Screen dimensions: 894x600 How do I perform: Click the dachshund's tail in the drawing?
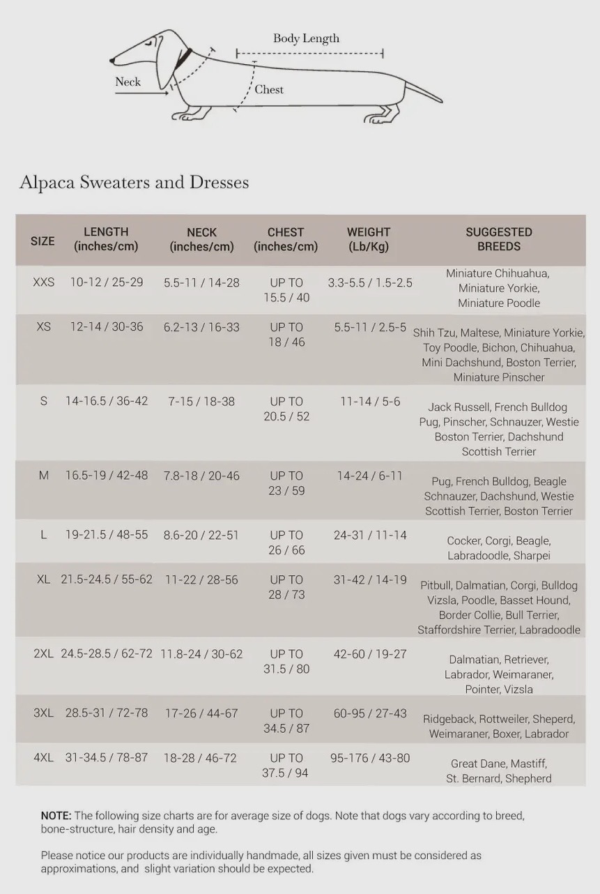pos(424,92)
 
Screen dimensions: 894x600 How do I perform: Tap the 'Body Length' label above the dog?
pos(306,38)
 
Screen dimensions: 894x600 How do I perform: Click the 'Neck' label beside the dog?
pos(128,82)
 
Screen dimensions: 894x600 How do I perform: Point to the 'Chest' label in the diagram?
pos(269,89)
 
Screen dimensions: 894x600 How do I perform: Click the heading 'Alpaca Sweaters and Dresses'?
pos(134,182)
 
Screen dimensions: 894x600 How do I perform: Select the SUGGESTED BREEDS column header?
pos(498,239)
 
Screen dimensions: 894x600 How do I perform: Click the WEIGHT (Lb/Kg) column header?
pos(369,239)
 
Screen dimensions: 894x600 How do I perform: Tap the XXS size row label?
pos(43,282)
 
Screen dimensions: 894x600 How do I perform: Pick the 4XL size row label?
pos(43,757)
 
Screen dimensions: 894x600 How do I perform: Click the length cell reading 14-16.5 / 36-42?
pos(107,401)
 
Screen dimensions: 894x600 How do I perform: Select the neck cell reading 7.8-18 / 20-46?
pos(201,476)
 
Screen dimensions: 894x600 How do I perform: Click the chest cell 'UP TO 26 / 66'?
pos(286,543)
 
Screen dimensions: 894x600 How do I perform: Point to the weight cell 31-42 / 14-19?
pos(370,579)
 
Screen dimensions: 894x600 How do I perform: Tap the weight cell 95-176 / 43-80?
pos(370,757)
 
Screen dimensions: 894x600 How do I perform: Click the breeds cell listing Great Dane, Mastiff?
pos(498,771)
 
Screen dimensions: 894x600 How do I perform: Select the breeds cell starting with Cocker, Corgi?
pos(498,548)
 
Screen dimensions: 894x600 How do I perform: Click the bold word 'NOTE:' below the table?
pos(56,815)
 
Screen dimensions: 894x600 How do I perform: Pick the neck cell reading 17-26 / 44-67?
pos(201,713)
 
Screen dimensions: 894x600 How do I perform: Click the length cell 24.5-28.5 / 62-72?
pos(107,654)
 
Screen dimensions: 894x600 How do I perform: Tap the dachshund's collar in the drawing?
pos(183,59)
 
